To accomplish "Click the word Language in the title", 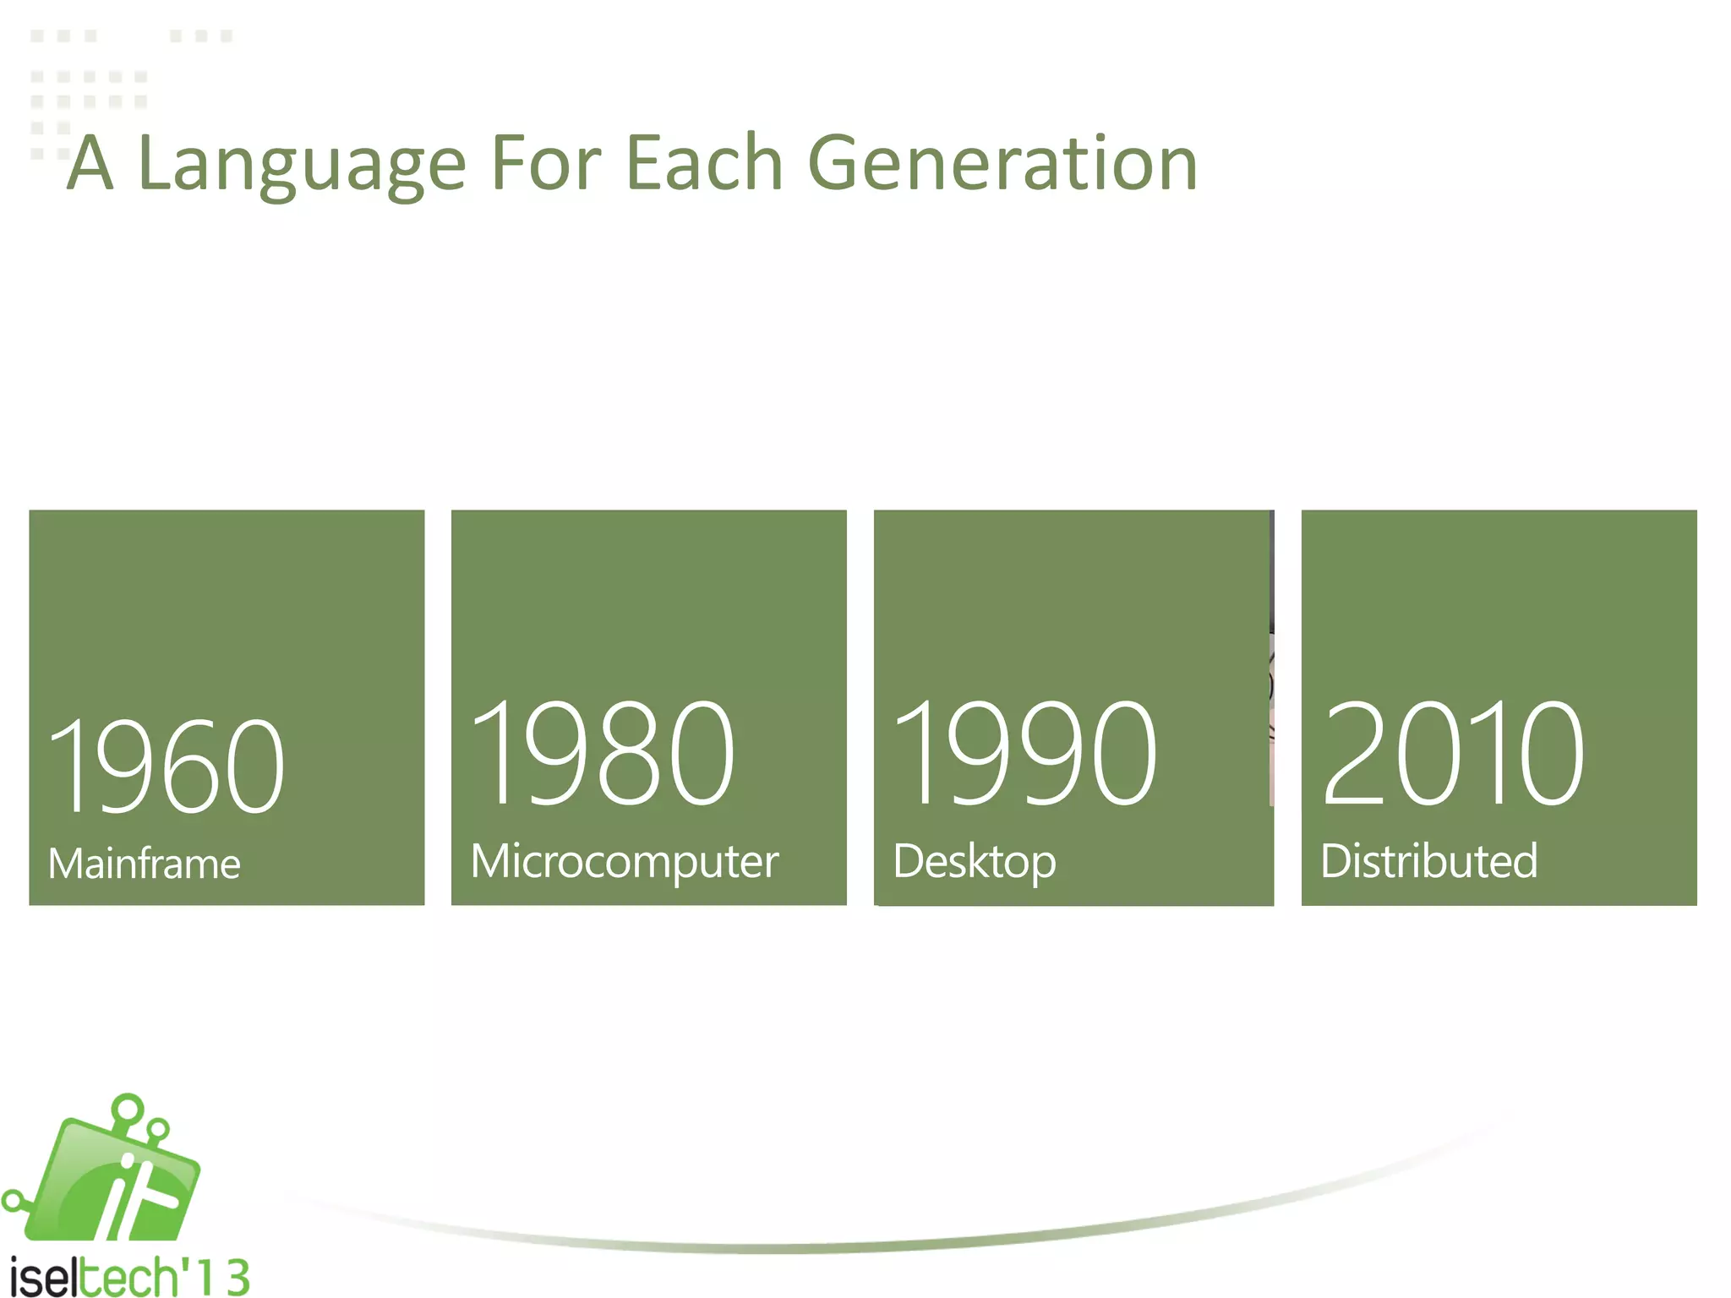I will coord(301,165).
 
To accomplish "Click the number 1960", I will coord(166,766).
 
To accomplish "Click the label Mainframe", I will coord(145,864).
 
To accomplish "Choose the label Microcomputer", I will coord(624,862).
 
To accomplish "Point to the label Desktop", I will coord(974,862).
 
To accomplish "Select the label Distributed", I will coord(1428,861).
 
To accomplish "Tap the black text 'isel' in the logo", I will coord(42,1277).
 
